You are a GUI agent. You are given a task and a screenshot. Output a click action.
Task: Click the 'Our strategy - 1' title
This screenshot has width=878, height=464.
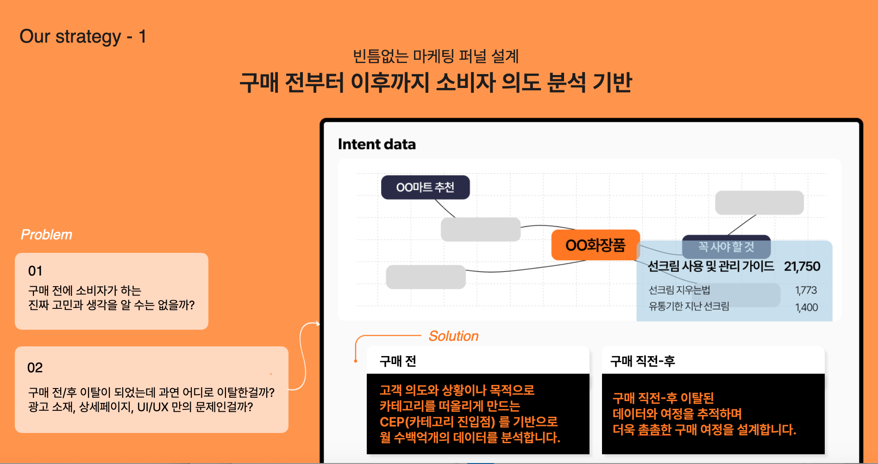[83, 37]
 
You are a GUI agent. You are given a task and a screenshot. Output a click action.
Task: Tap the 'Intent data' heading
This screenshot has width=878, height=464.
[377, 144]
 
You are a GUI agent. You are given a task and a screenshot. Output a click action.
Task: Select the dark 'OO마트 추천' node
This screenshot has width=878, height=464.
[425, 187]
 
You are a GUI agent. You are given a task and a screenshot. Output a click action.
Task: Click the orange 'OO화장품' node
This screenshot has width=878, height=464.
[596, 245]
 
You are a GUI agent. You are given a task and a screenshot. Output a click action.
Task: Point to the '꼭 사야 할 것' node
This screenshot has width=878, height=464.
[726, 247]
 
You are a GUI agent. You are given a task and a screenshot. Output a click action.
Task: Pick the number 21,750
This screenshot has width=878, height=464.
[802, 266]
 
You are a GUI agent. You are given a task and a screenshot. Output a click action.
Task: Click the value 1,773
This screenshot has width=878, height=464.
[806, 290]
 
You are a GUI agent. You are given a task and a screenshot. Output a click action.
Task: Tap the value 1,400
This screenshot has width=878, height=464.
[806, 307]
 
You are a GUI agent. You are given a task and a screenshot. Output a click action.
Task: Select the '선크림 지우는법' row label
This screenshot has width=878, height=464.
[679, 290]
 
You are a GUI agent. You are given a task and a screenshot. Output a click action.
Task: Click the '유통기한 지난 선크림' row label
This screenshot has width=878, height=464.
[689, 306]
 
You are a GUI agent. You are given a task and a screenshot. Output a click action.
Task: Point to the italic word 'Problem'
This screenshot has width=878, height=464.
[46, 235]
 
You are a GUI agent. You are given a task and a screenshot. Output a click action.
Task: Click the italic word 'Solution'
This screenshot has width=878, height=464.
[454, 336]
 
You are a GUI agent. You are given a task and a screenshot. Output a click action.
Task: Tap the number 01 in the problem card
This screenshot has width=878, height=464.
[35, 271]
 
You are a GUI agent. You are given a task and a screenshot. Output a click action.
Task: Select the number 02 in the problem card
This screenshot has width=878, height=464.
[35, 368]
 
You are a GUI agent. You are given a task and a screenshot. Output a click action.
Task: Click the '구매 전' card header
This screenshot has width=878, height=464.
[398, 361]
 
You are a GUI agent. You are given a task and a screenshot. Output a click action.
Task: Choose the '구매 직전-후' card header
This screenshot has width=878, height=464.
[642, 361]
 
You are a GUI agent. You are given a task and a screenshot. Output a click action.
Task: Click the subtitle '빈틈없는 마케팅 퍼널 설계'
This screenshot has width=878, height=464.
[436, 56]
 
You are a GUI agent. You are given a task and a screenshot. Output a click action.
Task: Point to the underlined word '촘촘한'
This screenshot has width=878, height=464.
[654, 430]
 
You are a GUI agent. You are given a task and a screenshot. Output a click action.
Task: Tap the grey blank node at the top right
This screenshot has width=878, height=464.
[759, 202]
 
